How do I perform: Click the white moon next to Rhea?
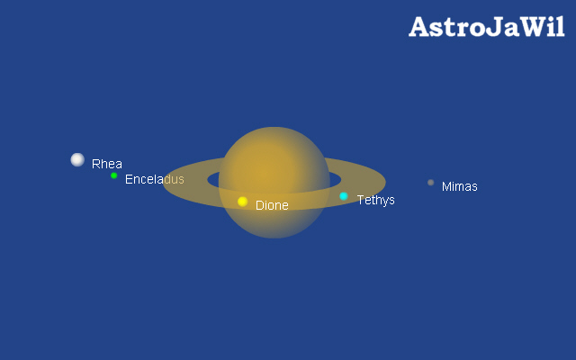coord(77,160)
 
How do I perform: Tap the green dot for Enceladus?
coord(114,175)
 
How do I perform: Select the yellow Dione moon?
coord(242,202)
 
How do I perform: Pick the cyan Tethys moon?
coord(344,196)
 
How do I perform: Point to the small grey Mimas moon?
coord(430,183)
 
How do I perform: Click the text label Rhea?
coord(107,164)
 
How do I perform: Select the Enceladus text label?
coord(154,179)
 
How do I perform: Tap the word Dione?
coord(272,205)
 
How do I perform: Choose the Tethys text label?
coord(376,200)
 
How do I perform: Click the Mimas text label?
coord(460,186)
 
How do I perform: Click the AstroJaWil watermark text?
coord(486,27)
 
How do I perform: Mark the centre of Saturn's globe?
coord(274,183)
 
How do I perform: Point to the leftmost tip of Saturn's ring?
coord(163,181)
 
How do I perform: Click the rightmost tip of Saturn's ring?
coord(386,181)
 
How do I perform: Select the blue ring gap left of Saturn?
coord(213,180)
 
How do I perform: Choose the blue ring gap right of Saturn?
coord(335,180)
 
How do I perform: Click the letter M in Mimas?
coord(446,186)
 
